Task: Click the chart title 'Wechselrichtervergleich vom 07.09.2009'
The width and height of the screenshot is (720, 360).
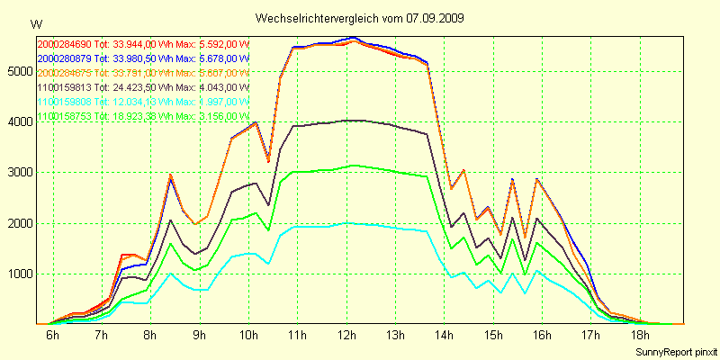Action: [x=359, y=17]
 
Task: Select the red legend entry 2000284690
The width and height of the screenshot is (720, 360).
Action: [x=66, y=42]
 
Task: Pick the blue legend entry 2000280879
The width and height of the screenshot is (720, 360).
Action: [x=66, y=58]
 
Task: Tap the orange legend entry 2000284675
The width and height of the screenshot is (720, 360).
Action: [x=66, y=72]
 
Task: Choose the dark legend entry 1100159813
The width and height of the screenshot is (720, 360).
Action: [x=66, y=87]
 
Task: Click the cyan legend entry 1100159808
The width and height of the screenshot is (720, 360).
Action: [x=66, y=102]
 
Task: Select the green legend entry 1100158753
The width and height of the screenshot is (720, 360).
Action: [x=66, y=116]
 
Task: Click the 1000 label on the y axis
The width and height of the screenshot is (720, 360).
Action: [x=19, y=274]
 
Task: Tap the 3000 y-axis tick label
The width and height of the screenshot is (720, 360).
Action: [x=19, y=172]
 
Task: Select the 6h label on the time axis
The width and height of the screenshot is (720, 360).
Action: [x=52, y=336]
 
